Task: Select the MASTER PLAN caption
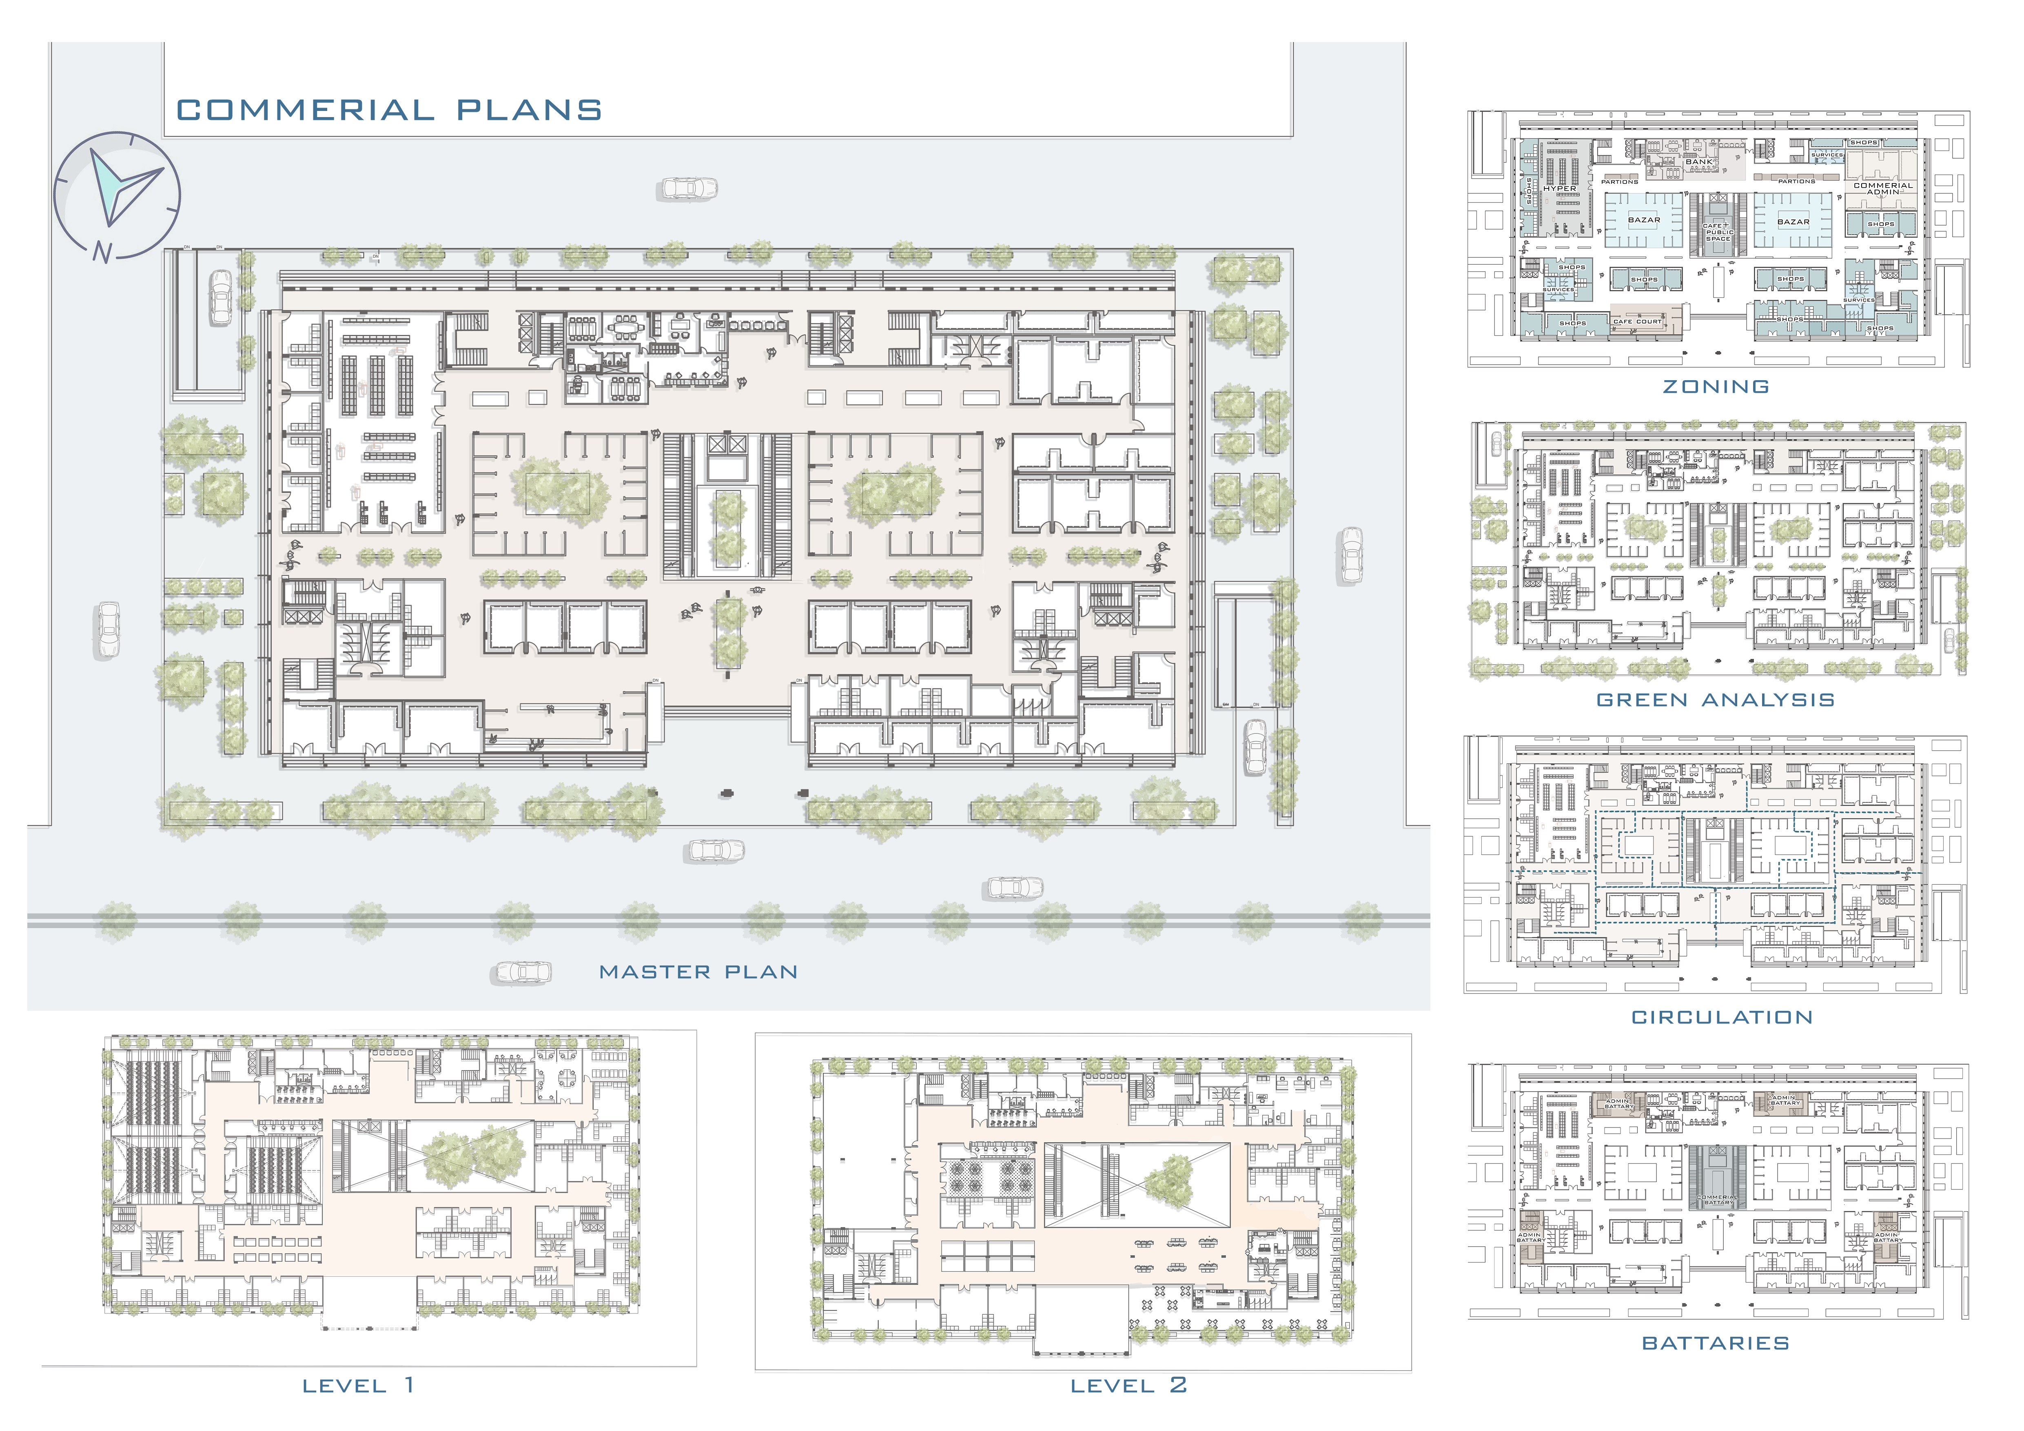click(698, 972)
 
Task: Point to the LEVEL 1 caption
click(358, 1385)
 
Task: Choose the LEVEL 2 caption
click(1128, 1385)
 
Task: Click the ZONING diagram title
click(1716, 387)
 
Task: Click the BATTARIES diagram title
click(1716, 1343)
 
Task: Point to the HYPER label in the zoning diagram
click(1559, 188)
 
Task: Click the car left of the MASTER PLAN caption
click(521, 972)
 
